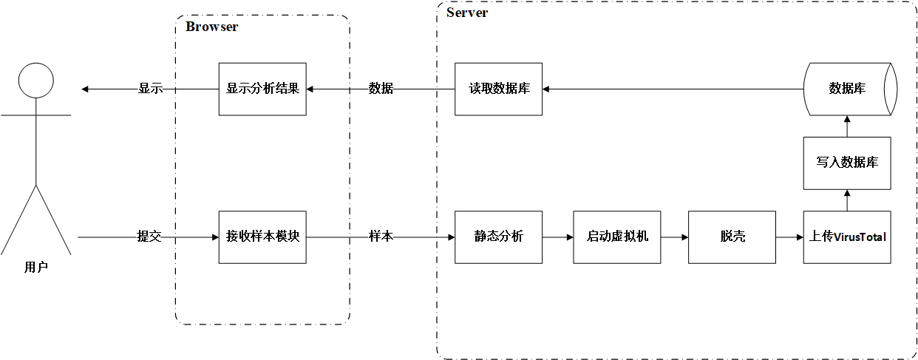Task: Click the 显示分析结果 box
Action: coord(262,89)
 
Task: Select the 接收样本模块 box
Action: coord(262,237)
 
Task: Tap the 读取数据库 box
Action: coord(498,89)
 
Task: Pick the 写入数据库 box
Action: coord(847,163)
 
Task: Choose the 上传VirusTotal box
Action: coord(847,237)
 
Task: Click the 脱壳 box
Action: coord(732,237)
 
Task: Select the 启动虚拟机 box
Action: coord(617,237)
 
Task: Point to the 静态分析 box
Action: coord(498,237)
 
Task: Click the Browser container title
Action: coord(211,27)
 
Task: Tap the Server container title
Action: coord(467,13)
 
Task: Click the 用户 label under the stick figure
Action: coord(35,268)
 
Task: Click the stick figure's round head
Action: coord(35,80)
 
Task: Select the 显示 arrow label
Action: coord(150,89)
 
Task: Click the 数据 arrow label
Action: coord(381,89)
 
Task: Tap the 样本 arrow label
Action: coord(381,237)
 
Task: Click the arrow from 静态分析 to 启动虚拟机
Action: coord(558,237)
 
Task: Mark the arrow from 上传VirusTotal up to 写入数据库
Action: coord(847,200)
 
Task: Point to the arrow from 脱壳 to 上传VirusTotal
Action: coord(789,237)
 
